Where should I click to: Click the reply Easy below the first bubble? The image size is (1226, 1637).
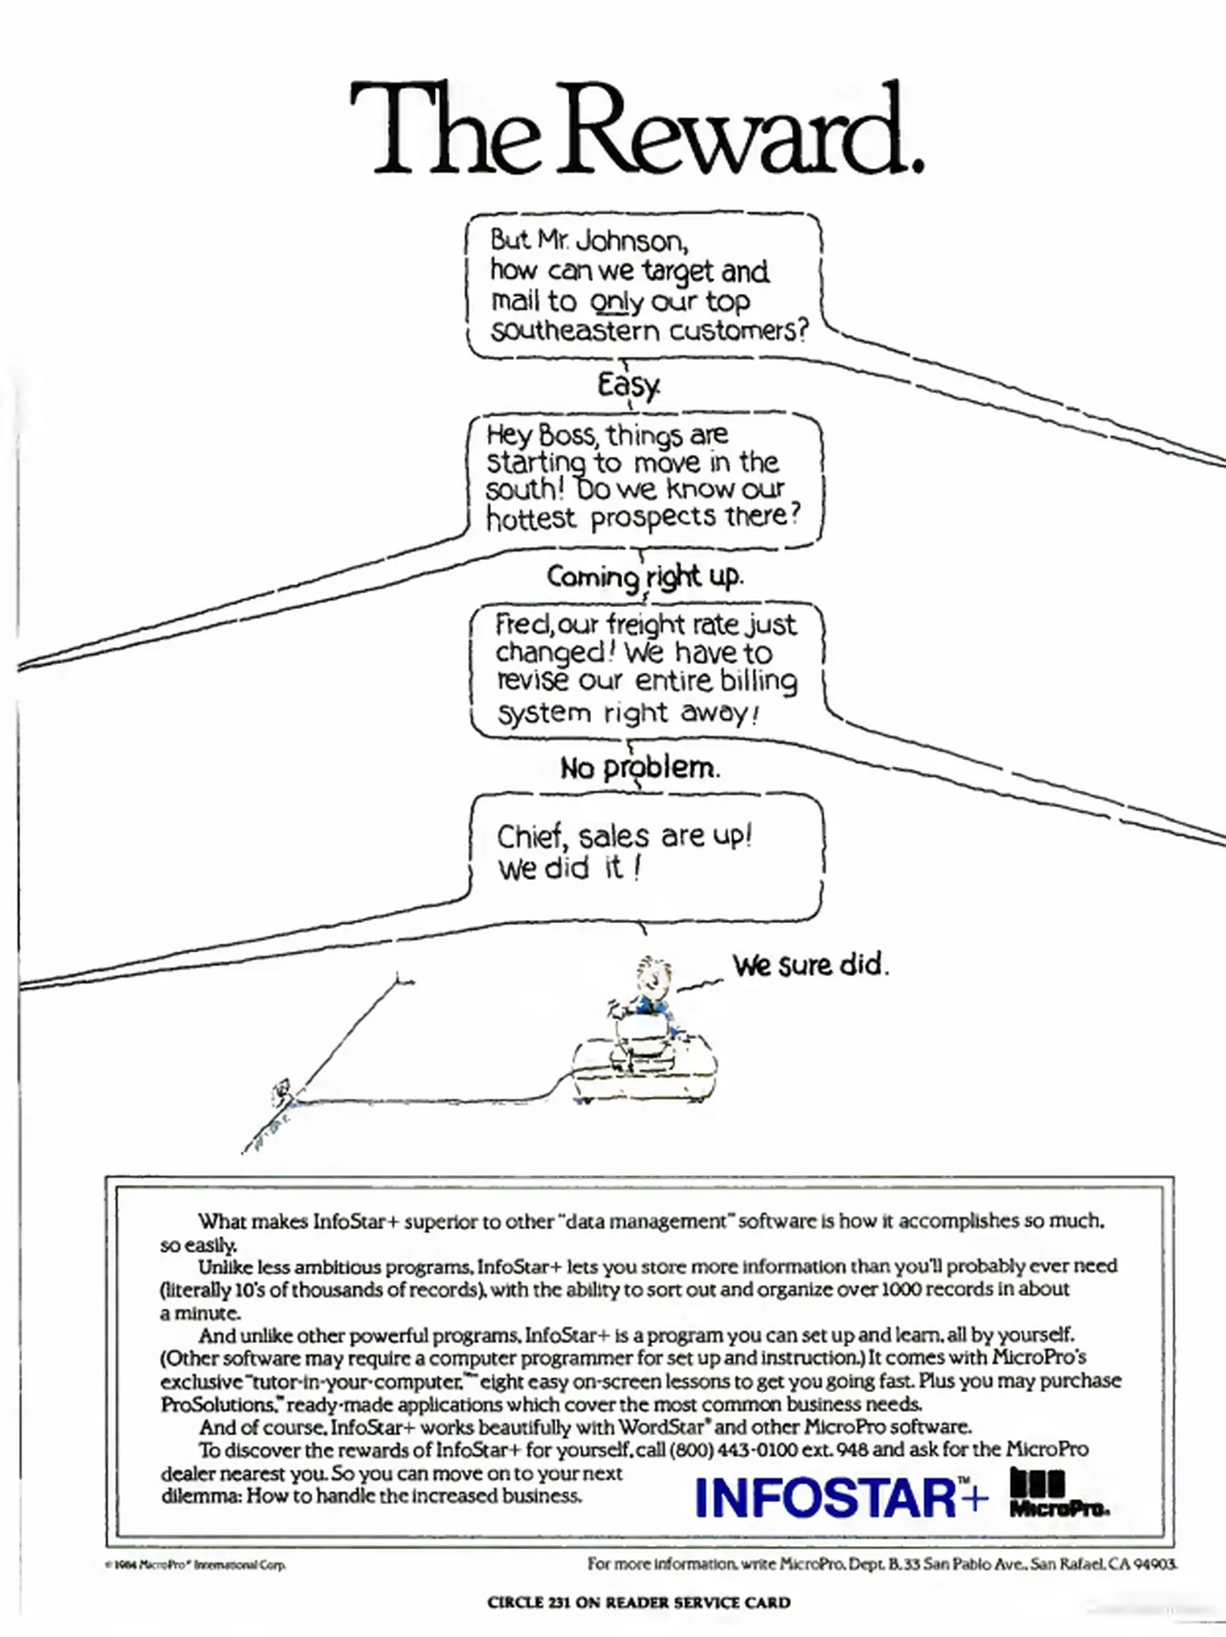628,385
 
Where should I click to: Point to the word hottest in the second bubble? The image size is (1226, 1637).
531,519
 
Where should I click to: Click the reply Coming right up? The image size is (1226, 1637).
645,577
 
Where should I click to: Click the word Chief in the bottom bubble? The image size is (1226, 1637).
531,837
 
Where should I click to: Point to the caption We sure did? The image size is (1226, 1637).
809,966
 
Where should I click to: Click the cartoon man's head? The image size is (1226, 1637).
650,976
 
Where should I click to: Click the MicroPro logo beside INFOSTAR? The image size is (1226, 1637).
1057,1492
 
